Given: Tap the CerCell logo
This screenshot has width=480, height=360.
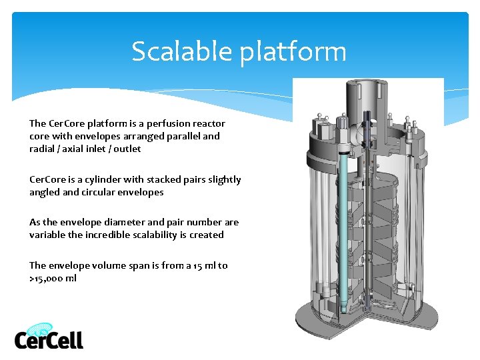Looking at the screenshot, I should (x=49, y=337).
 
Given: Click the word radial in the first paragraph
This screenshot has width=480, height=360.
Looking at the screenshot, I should (x=41, y=149).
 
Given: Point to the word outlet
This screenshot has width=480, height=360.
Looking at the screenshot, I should (x=127, y=149).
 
